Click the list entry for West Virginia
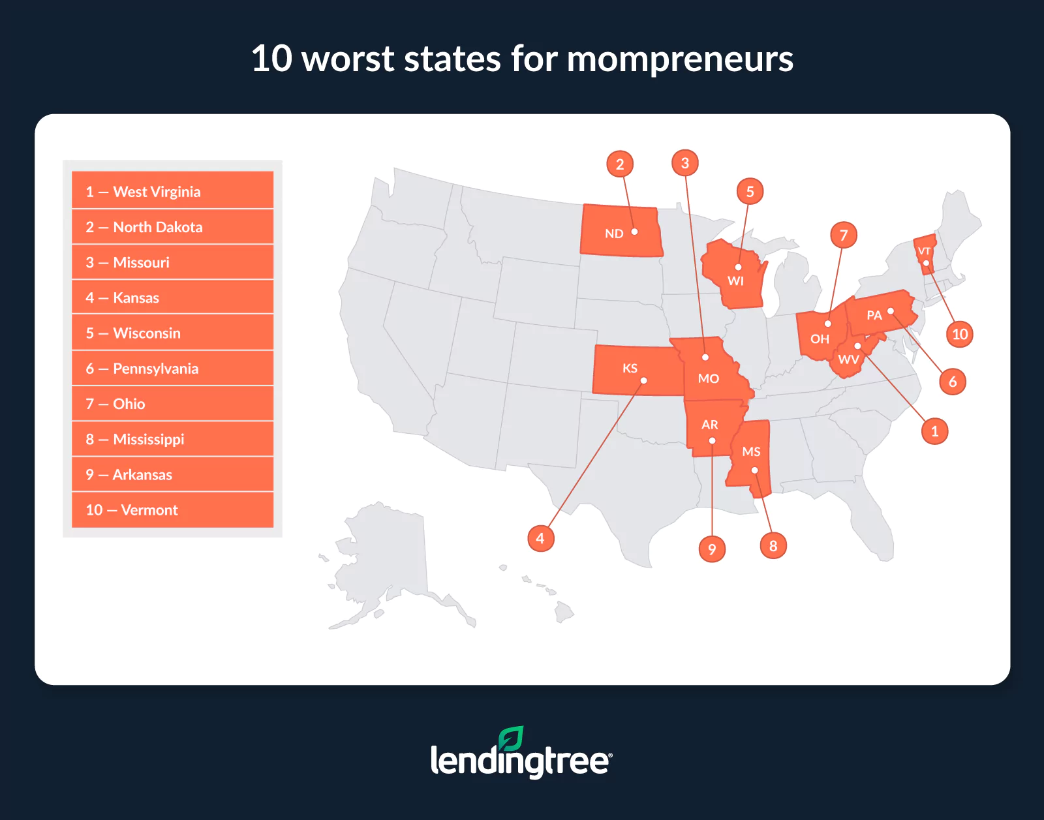pyautogui.click(x=172, y=191)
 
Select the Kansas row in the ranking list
pyautogui.click(x=172, y=297)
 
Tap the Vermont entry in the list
pyautogui.click(x=172, y=509)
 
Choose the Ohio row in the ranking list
pyautogui.click(x=172, y=404)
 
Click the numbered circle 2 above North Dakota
pyautogui.click(x=620, y=164)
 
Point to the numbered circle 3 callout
pyautogui.click(x=684, y=162)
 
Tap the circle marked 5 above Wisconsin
pyautogui.click(x=750, y=191)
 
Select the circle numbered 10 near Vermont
pyautogui.click(x=959, y=334)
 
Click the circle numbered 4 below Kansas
pyautogui.click(x=540, y=538)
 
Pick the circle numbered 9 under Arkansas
pyautogui.click(x=712, y=549)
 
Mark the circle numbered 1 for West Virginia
pyautogui.click(x=934, y=431)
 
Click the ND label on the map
pyautogui.click(x=614, y=234)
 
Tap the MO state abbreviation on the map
pyautogui.click(x=708, y=378)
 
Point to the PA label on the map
pyautogui.click(x=874, y=316)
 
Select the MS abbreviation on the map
pyautogui.click(x=751, y=451)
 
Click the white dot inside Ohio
pyautogui.click(x=828, y=324)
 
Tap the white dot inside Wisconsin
pyautogui.click(x=738, y=267)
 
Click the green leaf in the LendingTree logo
pyautogui.click(x=511, y=739)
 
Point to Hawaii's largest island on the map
pyautogui.click(x=564, y=612)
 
